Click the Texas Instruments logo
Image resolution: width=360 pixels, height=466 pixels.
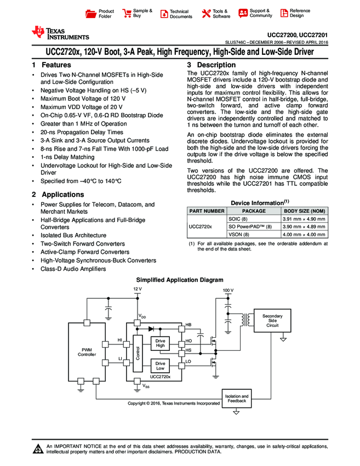coord(60,33)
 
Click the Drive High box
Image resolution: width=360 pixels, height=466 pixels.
coord(160,343)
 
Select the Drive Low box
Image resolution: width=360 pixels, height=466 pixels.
coord(160,366)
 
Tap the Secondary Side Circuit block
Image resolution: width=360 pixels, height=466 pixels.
coord(272,321)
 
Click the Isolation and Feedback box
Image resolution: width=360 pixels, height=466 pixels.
coord(237,399)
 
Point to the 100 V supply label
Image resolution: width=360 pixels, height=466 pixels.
coord(228,290)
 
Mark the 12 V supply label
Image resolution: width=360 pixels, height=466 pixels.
coord(138,288)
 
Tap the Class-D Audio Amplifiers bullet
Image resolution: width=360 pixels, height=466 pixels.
coord(73,269)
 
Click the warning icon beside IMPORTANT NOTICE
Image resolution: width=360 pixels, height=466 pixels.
coord(38,450)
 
